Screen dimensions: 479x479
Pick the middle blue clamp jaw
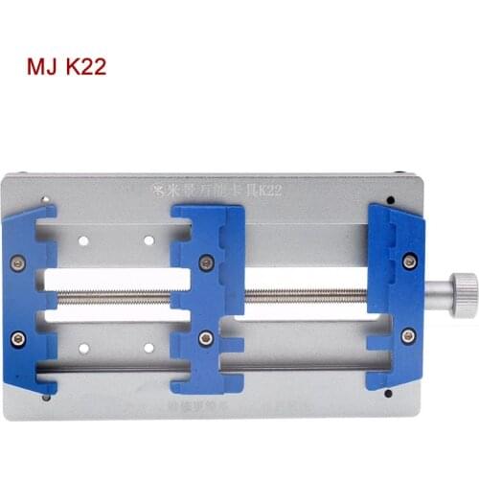[207, 297]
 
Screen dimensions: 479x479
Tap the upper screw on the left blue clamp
[16, 261]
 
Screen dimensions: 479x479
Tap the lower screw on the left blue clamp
[16, 337]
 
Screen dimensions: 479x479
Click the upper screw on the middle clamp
[206, 261]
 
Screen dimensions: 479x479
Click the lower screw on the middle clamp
[206, 337]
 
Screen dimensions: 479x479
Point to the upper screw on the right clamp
[409, 261]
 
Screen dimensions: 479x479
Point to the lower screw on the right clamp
[409, 335]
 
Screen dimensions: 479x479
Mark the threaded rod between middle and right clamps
[307, 295]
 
